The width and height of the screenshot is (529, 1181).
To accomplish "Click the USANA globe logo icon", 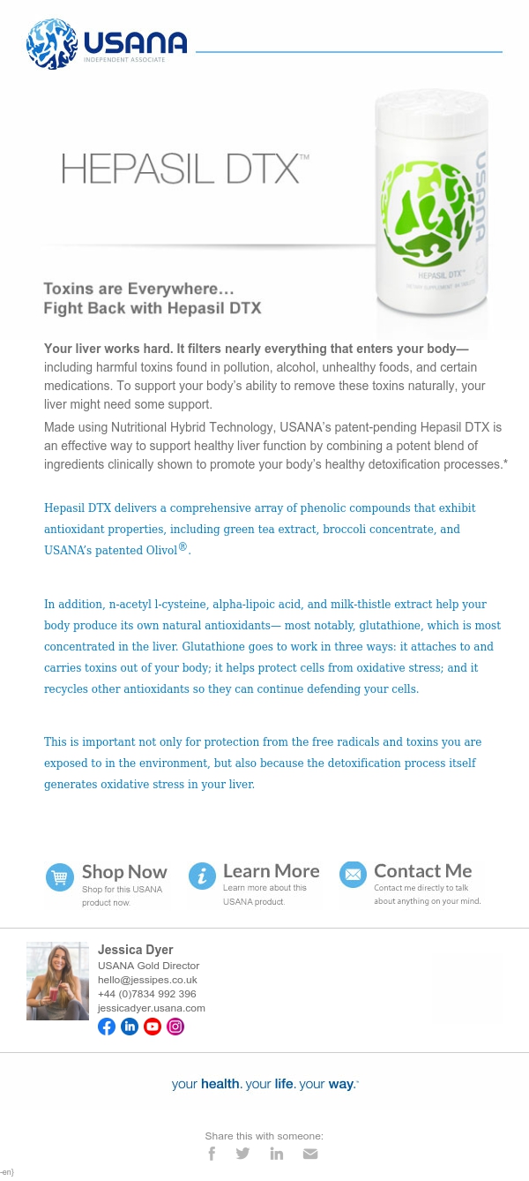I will click(52, 44).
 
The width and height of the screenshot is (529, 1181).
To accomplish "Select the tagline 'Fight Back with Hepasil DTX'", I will click(153, 308).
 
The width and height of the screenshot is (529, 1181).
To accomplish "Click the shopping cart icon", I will click(60, 877).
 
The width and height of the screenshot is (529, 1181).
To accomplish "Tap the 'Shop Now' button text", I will click(124, 872).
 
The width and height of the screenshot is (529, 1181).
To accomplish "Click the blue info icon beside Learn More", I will click(202, 876).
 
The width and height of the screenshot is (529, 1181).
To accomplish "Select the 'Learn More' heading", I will click(271, 871).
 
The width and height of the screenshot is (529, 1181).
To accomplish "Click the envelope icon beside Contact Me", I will click(354, 875).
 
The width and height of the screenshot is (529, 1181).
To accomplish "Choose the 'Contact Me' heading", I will click(422, 871).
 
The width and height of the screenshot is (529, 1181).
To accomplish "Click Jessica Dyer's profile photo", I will click(57, 981).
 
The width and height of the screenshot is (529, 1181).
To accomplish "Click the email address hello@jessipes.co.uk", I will click(147, 980).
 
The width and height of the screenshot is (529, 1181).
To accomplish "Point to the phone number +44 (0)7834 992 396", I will click(146, 994).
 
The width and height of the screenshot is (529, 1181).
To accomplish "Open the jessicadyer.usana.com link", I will click(151, 1008).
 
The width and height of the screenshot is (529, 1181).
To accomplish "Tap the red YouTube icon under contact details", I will click(153, 1027).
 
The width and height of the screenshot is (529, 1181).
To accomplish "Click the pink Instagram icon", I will click(175, 1027).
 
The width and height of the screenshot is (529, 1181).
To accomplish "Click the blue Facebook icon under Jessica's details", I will click(107, 1027).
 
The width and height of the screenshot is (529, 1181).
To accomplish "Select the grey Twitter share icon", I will click(242, 1153).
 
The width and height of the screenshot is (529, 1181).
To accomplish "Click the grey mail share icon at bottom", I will click(309, 1153).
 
